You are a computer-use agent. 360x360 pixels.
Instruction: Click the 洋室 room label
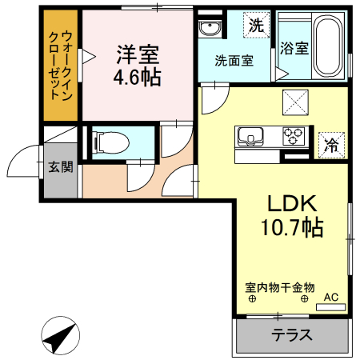[x=138, y=54]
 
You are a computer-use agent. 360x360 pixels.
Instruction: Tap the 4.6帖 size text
[x=138, y=78]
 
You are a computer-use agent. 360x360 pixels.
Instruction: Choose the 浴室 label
[x=294, y=47]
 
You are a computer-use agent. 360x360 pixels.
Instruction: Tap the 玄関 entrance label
[x=59, y=167]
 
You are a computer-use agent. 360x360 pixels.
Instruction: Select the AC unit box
[x=330, y=298]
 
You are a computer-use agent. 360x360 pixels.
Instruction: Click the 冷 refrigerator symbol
[x=330, y=145]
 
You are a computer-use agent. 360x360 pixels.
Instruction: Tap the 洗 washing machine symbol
[x=255, y=25]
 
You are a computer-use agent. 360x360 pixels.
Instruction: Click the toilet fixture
[x=108, y=142]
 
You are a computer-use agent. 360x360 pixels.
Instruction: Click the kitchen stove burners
[x=293, y=136]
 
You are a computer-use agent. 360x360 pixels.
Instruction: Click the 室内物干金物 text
[x=279, y=286]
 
